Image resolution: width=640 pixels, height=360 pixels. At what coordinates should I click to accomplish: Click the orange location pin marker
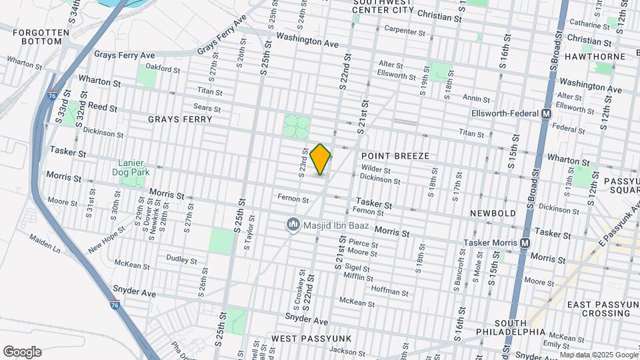point(321,159)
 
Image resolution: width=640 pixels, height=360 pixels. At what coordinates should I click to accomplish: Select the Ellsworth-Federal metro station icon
point(546,113)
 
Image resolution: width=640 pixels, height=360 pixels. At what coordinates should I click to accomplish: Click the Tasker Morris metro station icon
point(525,243)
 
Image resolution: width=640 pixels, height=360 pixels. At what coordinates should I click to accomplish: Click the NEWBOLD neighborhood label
point(493,213)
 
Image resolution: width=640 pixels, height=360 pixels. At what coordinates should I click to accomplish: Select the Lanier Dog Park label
point(133,167)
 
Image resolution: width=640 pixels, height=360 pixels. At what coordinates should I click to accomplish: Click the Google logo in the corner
point(21,352)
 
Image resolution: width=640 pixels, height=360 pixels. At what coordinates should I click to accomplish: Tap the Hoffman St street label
point(389,291)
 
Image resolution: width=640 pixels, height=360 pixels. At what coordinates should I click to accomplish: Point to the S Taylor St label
point(246,236)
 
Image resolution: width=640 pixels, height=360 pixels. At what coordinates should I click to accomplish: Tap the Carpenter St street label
point(405,31)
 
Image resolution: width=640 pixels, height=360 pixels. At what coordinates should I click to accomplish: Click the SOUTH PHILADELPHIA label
point(511,327)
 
